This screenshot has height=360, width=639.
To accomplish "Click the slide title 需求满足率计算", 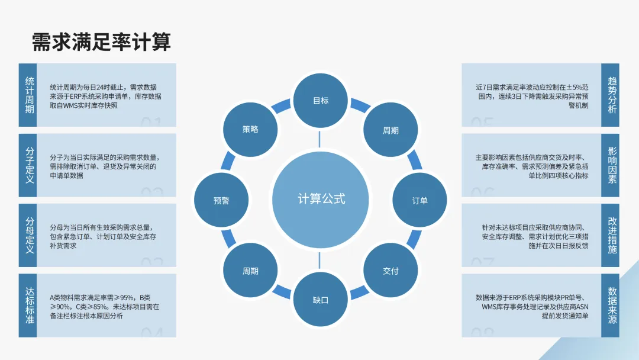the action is click(x=101, y=42).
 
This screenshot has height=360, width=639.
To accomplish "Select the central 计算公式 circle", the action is click(x=320, y=199).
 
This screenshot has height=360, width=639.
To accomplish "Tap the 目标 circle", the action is click(x=320, y=101).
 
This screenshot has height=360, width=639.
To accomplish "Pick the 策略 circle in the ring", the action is click(x=250, y=129).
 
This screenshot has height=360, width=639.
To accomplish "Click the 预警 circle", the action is click(x=221, y=200).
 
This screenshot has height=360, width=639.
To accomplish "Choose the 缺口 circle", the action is click(x=320, y=300).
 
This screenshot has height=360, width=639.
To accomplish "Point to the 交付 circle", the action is click(x=390, y=271).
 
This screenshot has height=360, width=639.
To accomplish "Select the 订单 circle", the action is click(x=419, y=200).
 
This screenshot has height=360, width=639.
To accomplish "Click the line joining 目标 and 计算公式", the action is click(x=320, y=139).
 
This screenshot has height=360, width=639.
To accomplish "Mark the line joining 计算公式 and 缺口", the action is click(x=320, y=260).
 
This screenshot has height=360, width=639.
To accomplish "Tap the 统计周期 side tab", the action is click(x=28, y=95).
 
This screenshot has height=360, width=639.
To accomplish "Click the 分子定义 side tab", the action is click(x=28, y=165).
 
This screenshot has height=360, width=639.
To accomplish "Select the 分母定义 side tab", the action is click(x=28, y=236).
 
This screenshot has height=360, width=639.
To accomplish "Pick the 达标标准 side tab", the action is click(x=28, y=306).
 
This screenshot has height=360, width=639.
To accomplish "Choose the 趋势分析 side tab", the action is click(x=611, y=95).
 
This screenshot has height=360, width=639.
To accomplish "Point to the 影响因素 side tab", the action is click(x=611, y=165).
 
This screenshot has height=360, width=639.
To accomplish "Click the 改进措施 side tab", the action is click(x=611, y=236).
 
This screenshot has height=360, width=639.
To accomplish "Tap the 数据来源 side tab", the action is click(x=611, y=306).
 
